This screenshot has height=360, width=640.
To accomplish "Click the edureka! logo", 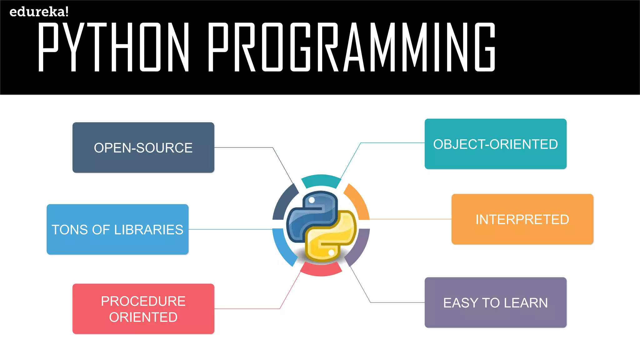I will click(39, 12).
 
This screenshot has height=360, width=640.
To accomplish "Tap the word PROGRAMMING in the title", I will click(352, 47).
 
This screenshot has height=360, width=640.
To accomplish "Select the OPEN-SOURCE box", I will click(143, 147).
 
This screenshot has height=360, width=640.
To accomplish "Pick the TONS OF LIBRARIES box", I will click(117, 229).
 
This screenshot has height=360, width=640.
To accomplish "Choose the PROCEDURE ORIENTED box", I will click(143, 309).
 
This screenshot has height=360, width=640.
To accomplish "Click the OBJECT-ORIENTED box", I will click(495, 144).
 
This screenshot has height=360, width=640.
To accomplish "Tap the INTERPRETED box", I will click(522, 219).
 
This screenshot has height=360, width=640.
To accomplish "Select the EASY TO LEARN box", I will click(495, 302).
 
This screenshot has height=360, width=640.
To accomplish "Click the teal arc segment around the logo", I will click(321, 181).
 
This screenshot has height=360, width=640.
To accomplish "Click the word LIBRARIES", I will click(148, 230).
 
